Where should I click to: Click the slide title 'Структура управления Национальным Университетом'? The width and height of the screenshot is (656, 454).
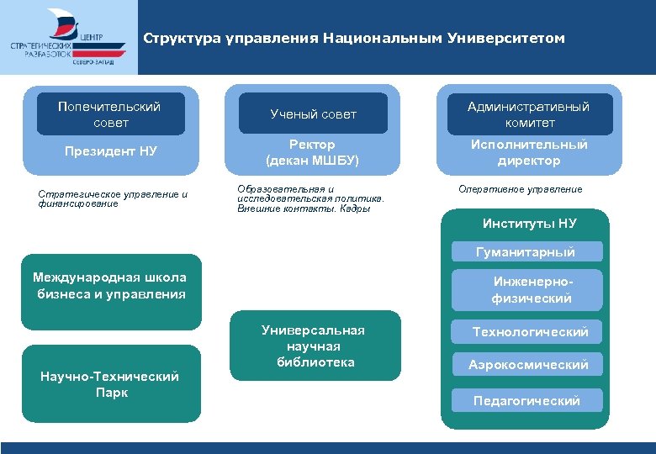tap(354, 39)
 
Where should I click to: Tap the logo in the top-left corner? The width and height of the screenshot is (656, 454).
tap(68, 38)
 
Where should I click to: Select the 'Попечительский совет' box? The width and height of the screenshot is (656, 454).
tap(110, 114)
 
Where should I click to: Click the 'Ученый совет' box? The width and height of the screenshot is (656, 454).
tap(313, 114)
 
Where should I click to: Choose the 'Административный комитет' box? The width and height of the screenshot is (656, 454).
tap(529, 114)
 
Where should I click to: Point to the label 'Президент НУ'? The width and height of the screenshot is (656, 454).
tap(111, 151)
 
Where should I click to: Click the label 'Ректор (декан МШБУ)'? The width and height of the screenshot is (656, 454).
tap(312, 152)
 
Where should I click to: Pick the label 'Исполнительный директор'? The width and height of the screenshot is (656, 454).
tap(529, 152)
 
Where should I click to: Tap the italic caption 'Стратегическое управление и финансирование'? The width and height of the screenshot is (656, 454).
tap(113, 198)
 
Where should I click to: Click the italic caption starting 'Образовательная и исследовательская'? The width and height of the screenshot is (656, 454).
tap(310, 198)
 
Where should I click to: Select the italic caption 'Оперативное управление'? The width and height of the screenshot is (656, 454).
tap(520, 189)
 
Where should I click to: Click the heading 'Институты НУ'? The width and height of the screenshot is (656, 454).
tap(529, 223)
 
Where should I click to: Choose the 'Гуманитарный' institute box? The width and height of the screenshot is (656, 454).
tap(526, 251)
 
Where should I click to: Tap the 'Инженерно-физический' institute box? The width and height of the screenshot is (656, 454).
tap(527, 290)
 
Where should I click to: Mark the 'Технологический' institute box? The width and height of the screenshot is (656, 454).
tap(528, 332)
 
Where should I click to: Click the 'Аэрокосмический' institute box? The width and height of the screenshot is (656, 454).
tap(528, 364)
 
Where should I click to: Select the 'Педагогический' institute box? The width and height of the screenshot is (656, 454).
tap(527, 400)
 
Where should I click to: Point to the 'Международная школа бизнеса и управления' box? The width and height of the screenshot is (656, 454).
tap(111, 291)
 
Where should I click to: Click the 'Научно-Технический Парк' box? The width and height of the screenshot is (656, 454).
tap(111, 383)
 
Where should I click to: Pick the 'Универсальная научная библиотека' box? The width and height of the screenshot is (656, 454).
tap(313, 346)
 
